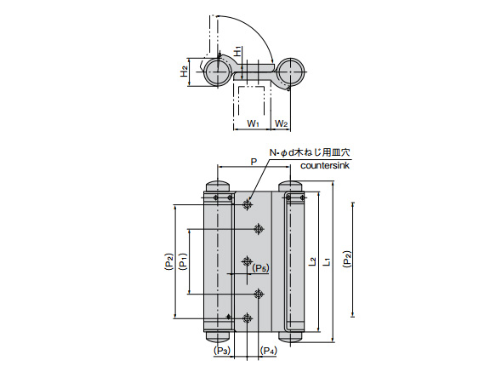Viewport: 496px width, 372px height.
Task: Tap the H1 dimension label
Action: pyautogui.click(x=237, y=52)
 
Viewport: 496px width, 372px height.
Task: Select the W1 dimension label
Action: pyautogui.click(x=253, y=124)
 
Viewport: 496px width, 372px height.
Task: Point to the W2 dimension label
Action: pyautogui.click(x=282, y=124)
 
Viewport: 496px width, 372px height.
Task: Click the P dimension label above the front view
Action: pyautogui.click(x=253, y=160)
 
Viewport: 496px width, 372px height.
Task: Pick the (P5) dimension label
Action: pyautogui.click(x=260, y=269)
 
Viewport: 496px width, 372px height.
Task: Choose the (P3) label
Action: pyautogui.click(x=222, y=350)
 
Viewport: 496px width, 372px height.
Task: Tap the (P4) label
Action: pyautogui.click(x=268, y=350)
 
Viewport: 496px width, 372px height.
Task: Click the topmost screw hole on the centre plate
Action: pyautogui.click(x=247, y=203)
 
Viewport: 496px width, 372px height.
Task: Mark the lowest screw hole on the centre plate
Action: pyautogui.click(x=247, y=318)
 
